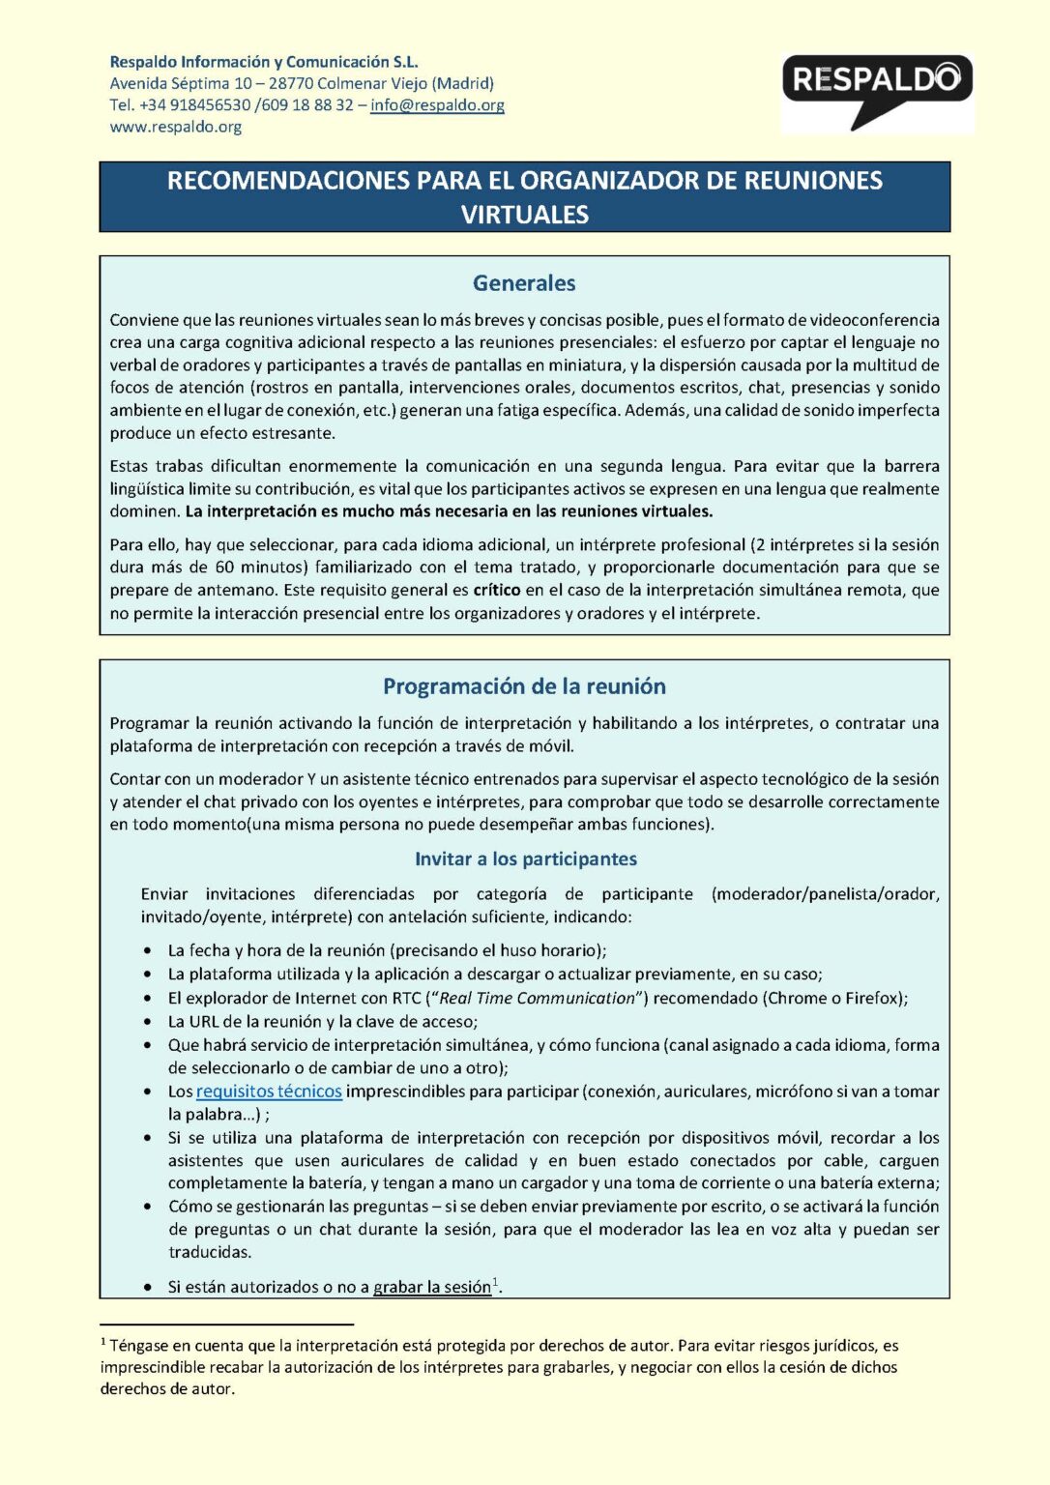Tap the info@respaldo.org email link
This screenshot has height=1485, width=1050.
tap(437, 105)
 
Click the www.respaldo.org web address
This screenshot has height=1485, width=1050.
tap(176, 127)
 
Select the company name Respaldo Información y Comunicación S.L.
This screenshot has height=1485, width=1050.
tap(264, 62)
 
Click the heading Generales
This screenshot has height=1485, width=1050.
tap(524, 283)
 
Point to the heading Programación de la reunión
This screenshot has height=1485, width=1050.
tap(524, 686)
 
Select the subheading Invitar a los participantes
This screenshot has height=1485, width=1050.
tap(525, 859)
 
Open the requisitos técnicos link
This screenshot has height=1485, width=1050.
tap(269, 1092)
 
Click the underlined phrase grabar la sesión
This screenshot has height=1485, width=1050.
tap(432, 1287)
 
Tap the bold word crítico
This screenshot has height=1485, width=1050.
tap(498, 590)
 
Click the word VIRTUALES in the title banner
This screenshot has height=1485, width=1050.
tap(524, 215)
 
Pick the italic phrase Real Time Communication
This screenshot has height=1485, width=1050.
tap(538, 998)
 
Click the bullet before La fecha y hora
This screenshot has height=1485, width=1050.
tap(147, 951)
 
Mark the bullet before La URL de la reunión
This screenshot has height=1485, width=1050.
tap(147, 1022)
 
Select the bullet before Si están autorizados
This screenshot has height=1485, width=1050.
tap(147, 1288)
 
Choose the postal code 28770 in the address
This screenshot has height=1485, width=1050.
tap(291, 83)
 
